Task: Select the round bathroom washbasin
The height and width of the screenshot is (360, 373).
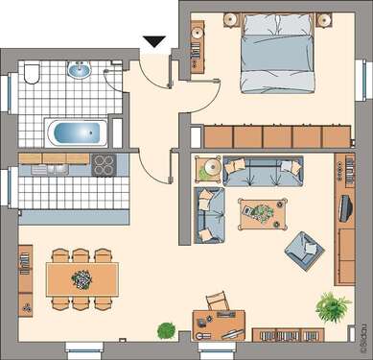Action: coord(79,70)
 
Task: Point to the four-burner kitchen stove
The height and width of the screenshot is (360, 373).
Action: coord(103,164)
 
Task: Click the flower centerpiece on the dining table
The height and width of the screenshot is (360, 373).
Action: coord(82,278)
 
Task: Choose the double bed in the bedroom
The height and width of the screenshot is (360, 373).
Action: coord(274,56)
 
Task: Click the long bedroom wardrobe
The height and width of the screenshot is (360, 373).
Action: coord(272,136)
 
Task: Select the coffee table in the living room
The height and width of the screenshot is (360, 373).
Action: coord(257,211)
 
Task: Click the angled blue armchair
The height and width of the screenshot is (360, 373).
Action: coord(303,250)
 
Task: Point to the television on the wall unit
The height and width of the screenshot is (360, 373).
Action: coord(346,206)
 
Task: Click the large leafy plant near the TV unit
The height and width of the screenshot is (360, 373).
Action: coord(332,307)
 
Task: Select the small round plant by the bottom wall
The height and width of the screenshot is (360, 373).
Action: coord(166,330)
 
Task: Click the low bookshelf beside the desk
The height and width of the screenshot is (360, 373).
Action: coord(289,335)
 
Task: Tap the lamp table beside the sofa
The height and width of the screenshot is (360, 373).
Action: coord(208,169)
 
